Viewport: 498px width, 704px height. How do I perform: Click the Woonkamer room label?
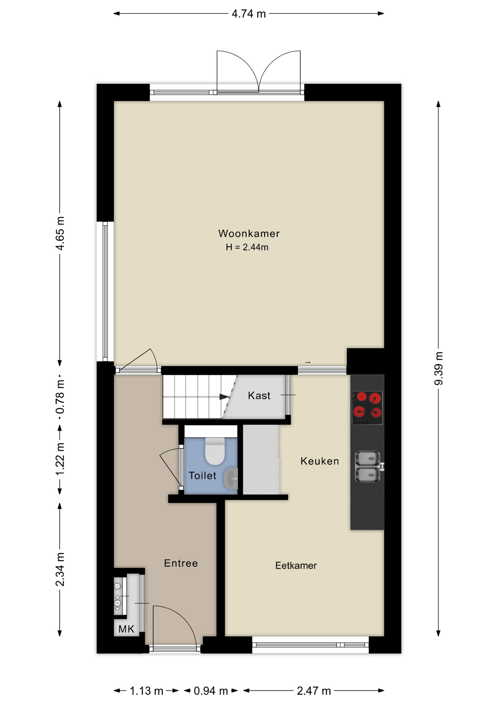249,234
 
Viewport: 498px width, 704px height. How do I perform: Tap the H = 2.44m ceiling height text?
247,247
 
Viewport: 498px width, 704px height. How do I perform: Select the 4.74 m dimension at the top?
249,14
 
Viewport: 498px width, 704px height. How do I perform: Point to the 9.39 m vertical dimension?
439,368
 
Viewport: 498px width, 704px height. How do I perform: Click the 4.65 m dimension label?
60,233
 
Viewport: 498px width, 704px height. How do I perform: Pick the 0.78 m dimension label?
60,397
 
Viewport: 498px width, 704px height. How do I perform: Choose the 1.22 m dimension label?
60,459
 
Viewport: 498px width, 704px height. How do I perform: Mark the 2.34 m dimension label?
60,569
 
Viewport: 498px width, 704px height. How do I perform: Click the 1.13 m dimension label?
146,691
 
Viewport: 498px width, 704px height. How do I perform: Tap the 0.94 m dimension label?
211,691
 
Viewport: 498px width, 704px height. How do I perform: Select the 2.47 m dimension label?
314,691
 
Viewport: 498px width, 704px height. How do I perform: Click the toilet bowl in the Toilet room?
215,451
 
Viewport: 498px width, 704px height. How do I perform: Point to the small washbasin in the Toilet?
231,478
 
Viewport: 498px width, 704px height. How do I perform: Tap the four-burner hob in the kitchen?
367,408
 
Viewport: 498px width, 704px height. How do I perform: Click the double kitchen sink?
368,466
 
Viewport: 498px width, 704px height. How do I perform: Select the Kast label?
259,396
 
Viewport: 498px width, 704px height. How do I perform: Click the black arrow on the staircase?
224,397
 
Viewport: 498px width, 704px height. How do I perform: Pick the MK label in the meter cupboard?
127,629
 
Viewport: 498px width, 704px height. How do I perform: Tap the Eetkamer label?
296,565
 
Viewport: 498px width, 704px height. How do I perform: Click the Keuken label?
320,461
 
